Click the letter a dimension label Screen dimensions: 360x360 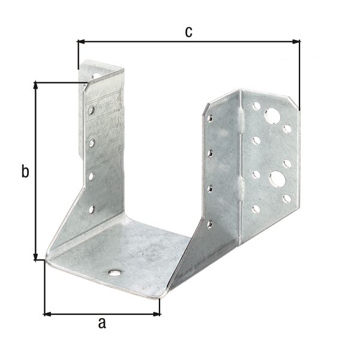(x=102, y=323)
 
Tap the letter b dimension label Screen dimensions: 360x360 (x=25, y=172)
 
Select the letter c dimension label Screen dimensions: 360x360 (x=188, y=32)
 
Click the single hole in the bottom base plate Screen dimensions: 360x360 (x=114, y=272)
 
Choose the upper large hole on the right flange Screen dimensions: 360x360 (x=272, y=115)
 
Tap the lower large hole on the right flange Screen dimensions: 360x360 (x=277, y=178)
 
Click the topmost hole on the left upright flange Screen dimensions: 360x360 (x=96, y=77)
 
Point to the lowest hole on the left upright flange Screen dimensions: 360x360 (x=91, y=209)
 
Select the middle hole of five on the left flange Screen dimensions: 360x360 (x=92, y=143)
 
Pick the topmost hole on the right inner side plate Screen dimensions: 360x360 (x=210, y=118)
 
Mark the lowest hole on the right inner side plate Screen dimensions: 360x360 (x=209, y=224)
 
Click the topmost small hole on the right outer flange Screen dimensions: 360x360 (x=256, y=106)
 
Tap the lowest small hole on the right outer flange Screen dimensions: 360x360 (x=256, y=209)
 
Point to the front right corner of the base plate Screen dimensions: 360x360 (x=161, y=295)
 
